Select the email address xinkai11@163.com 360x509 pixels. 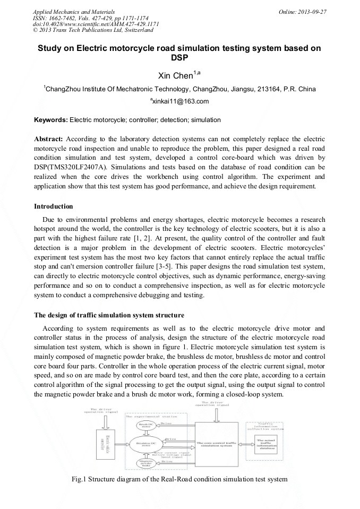click(181, 101)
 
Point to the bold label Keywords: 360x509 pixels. click(51, 120)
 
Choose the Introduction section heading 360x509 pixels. click(54, 206)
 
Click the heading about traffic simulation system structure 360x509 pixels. click(109, 315)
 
